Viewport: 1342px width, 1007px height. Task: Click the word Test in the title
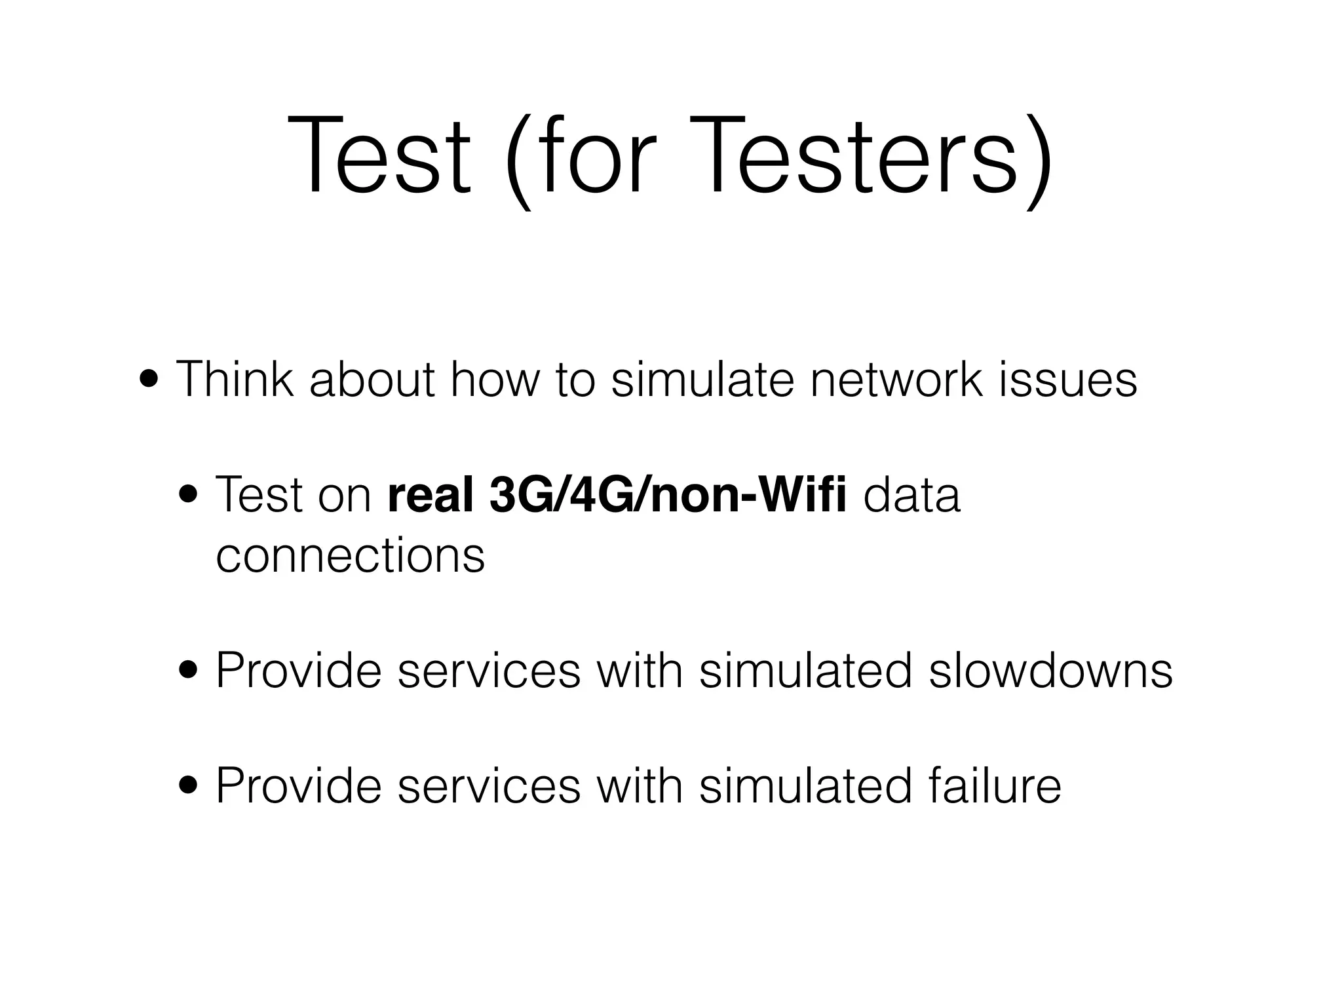[379, 157]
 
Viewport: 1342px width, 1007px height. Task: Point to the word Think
[235, 380]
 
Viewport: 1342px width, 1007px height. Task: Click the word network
[896, 380]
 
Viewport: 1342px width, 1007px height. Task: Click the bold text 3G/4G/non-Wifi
[668, 495]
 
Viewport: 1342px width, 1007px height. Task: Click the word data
[911, 495]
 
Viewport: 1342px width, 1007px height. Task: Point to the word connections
[350, 555]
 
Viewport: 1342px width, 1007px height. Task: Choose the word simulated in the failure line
[805, 785]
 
